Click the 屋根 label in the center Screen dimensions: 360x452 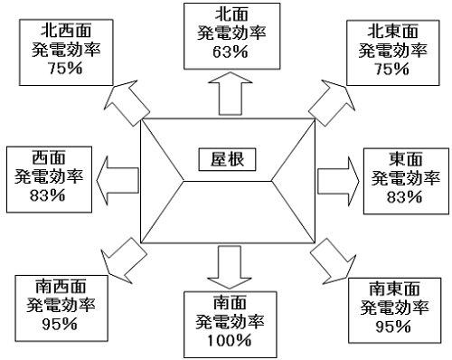click(226, 159)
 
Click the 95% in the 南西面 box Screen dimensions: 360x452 click(56, 325)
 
